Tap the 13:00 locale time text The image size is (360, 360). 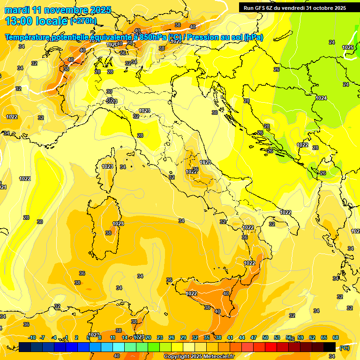pos(36,21)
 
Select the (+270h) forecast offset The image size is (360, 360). pos(83,21)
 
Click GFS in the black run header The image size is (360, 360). pos(262,7)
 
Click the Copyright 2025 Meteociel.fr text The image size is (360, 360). pos(199,357)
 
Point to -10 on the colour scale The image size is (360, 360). pos(32,337)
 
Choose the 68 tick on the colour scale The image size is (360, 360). pos(336,337)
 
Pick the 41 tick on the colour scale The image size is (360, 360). pos(230,337)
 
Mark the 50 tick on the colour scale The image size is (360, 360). pos(265,337)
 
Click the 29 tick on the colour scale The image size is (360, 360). pos(183,337)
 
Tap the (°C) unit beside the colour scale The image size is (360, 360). pos(345,348)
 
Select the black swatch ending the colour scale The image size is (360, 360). pos(330,347)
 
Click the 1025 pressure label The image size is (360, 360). pos(348,47)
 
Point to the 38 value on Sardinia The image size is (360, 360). pos(108,233)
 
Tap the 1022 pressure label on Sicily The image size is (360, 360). pos(191,293)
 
